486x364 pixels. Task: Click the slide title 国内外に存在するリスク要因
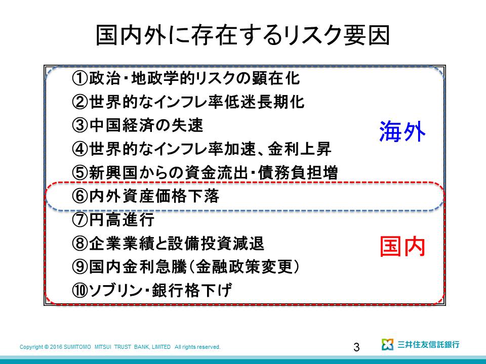tap(242, 35)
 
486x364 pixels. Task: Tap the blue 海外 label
tap(402, 131)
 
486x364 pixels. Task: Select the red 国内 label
tap(402, 246)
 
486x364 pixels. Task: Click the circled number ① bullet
tap(80, 78)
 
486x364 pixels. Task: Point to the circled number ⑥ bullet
tap(80, 196)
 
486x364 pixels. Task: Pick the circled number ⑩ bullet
tap(80, 290)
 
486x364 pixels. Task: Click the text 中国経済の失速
tap(146, 125)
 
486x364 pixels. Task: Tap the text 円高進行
tap(122, 220)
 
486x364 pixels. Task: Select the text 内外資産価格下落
tap(154, 196)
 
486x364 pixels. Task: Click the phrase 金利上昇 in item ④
tap(299, 149)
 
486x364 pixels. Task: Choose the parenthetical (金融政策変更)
tap(244, 267)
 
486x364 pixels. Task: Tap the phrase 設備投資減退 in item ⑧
tap(216, 243)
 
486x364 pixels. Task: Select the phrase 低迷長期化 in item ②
tap(264, 102)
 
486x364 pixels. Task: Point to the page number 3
tap(356, 347)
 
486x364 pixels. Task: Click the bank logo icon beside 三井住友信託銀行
tap(387, 344)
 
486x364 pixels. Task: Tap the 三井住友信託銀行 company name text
tap(428, 344)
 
